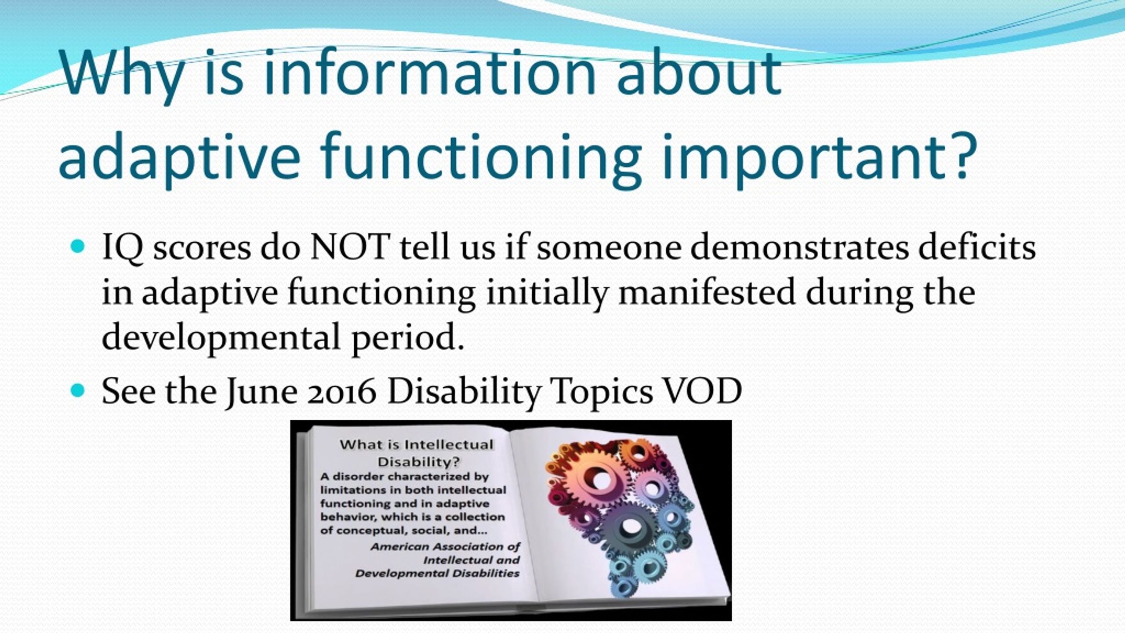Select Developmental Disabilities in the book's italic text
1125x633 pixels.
coord(437,574)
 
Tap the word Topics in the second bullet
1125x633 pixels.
coord(602,391)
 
